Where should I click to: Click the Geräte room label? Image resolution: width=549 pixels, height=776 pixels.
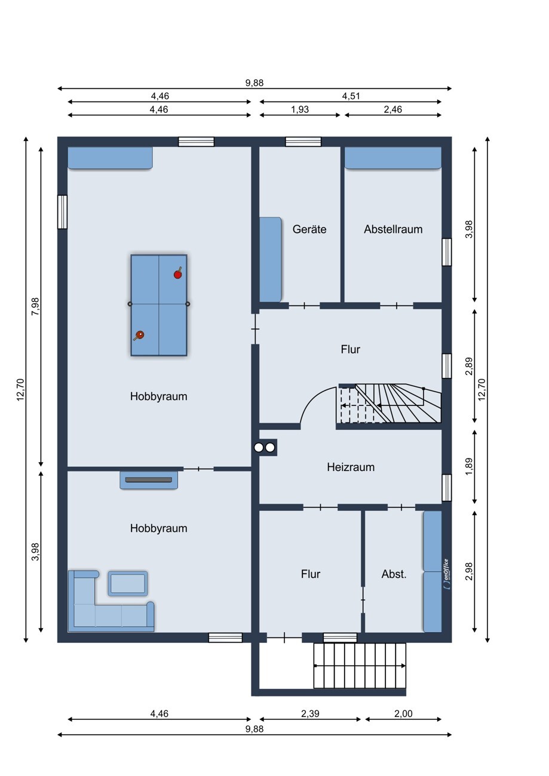pyautogui.click(x=309, y=229)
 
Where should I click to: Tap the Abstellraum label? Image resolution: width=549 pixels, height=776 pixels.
pyautogui.click(x=393, y=229)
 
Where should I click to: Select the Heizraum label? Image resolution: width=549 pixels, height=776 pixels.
pyautogui.click(x=351, y=467)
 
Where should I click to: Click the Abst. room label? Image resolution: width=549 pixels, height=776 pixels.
pyautogui.click(x=394, y=574)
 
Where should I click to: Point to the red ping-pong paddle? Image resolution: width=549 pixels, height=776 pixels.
pyautogui.click(x=178, y=273)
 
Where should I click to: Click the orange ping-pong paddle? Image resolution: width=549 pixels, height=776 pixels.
pyautogui.click(x=139, y=335)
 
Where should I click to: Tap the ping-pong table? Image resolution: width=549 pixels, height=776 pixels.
pyautogui.click(x=159, y=305)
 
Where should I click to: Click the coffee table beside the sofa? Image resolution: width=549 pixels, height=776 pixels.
pyautogui.click(x=128, y=584)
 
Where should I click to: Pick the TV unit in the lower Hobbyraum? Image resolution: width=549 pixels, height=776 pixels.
pyautogui.click(x=149, y=480)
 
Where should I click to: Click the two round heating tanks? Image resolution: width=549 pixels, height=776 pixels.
pyautogui.click(x=264, y=448)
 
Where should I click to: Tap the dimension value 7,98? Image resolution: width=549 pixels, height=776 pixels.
pyautogui.click(x=35, y=306)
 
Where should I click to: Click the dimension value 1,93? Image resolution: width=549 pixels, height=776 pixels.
pyautogui.click(x=300, y=109)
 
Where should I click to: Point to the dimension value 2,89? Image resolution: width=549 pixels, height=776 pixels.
pyautogui.click(x=468, y=366)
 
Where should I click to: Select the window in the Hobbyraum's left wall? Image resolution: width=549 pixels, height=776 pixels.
pyautogui.click(x=62, y=212)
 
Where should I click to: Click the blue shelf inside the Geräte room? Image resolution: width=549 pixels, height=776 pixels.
pyautogui.click(x=271, y=260)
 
